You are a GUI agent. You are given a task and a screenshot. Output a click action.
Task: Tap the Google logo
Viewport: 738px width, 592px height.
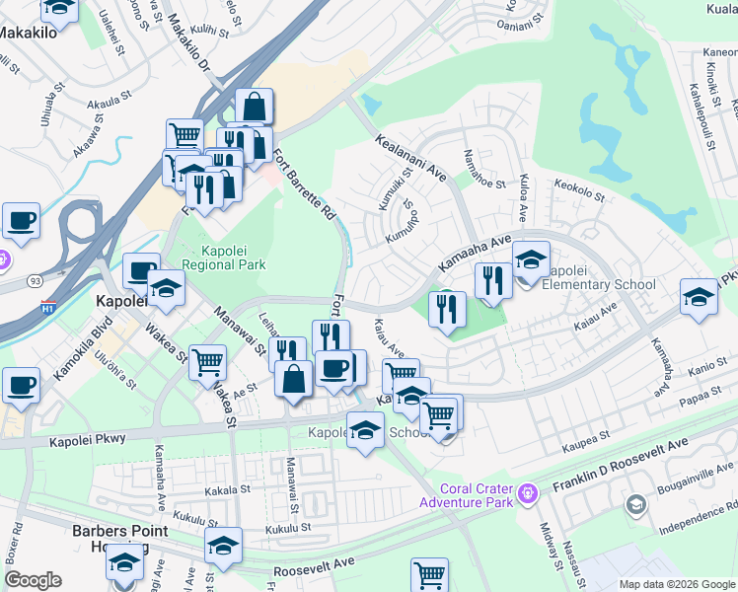33,580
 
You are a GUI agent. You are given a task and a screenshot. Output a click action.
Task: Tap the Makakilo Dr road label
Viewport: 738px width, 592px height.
189,45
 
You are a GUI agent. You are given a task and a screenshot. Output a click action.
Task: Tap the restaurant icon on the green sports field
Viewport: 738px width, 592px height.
447,309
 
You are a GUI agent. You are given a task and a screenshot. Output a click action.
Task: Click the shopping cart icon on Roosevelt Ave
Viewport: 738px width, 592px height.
429,574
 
